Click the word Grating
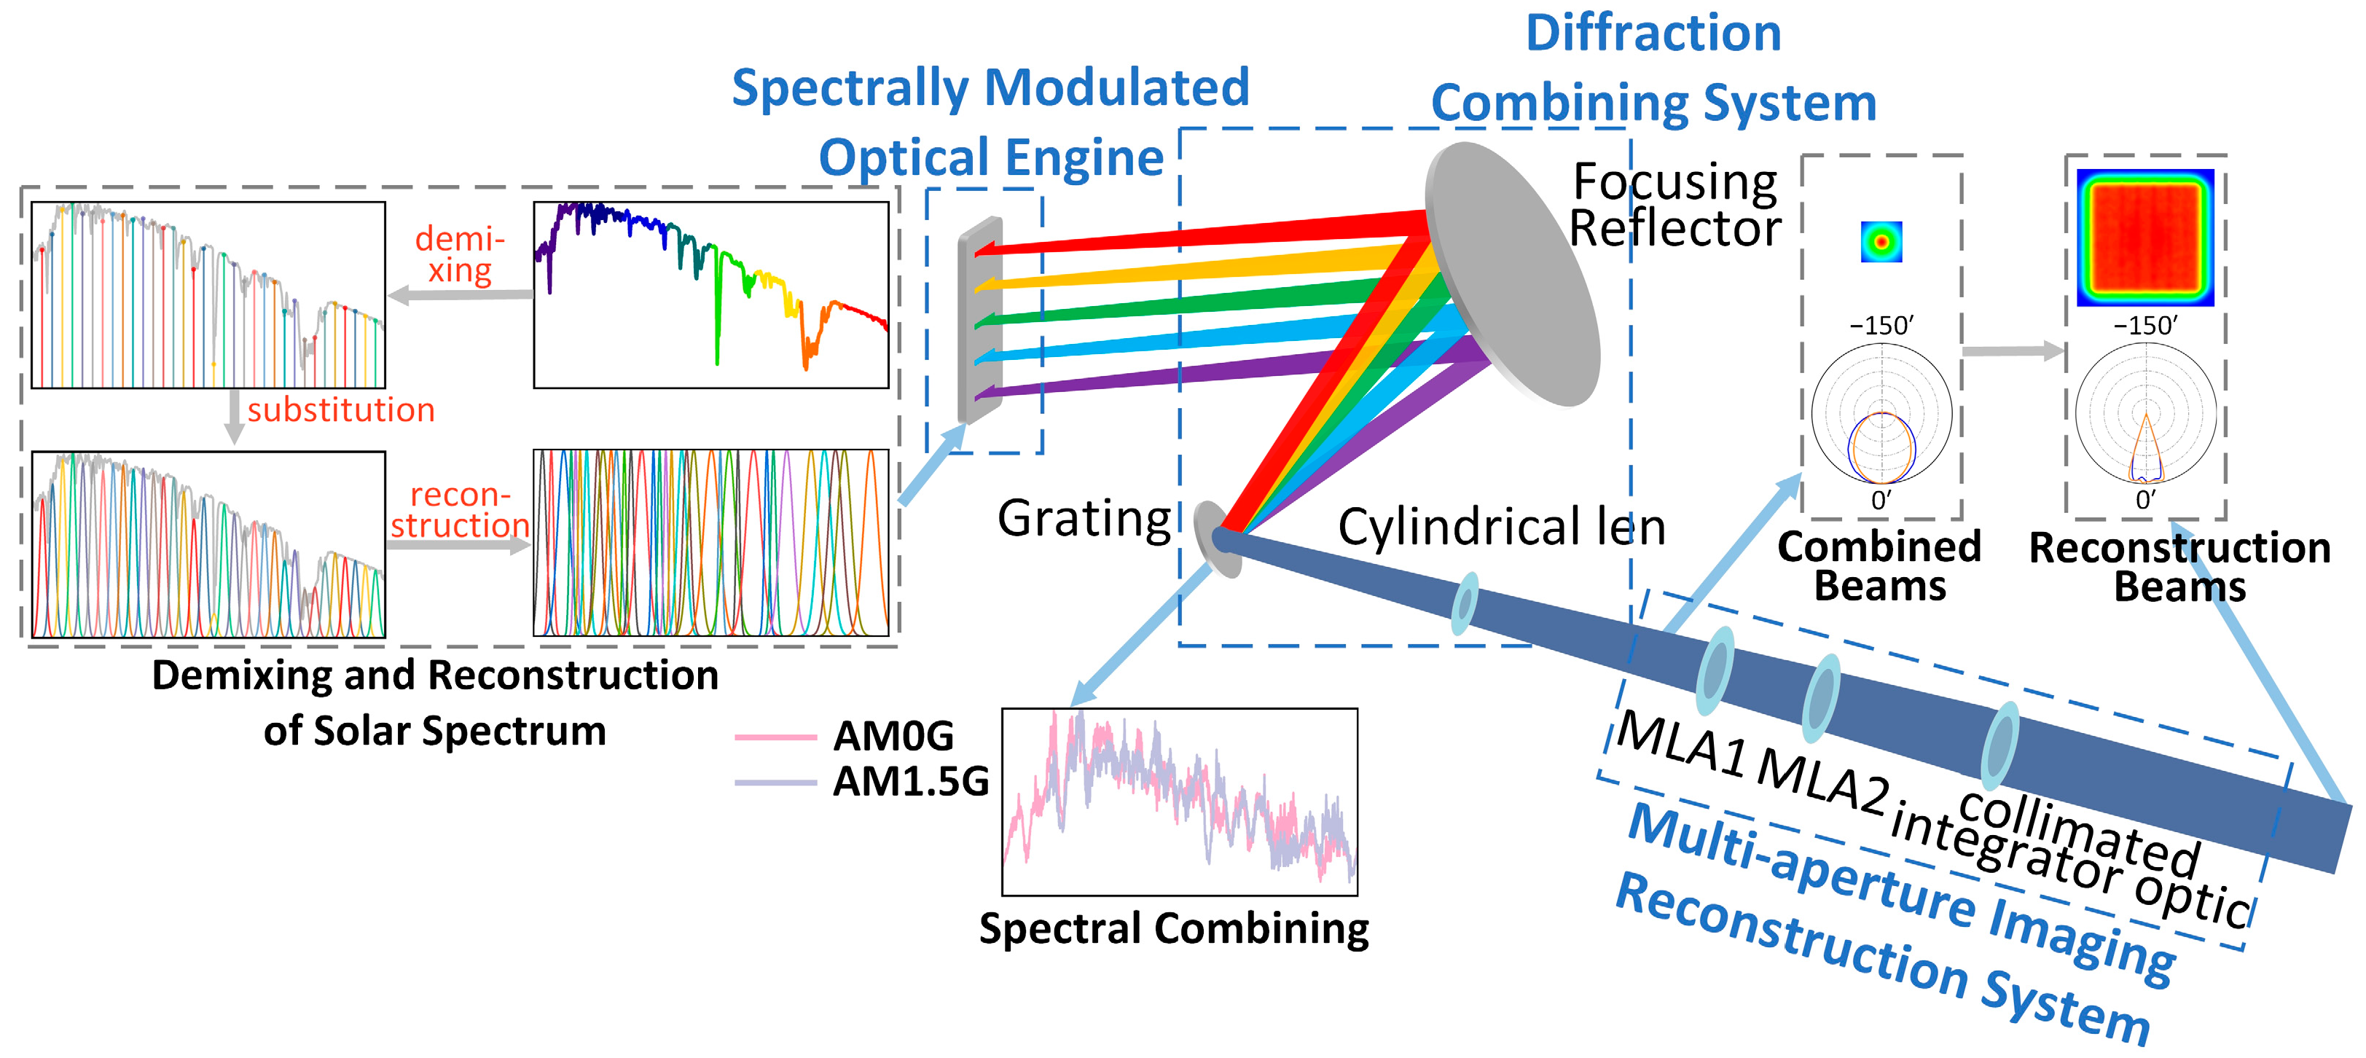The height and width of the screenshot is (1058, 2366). coord(1084,519)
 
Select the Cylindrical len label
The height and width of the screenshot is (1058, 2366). coord(1501,527)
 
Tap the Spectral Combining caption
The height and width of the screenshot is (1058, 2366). coord(1174,928)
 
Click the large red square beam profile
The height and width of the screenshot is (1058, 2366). coord(2144,236)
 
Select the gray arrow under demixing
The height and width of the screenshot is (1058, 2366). coord(459,296)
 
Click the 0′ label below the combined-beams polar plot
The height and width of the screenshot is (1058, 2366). coord(1881,500)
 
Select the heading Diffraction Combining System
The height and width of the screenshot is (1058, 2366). coord(1653,69)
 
